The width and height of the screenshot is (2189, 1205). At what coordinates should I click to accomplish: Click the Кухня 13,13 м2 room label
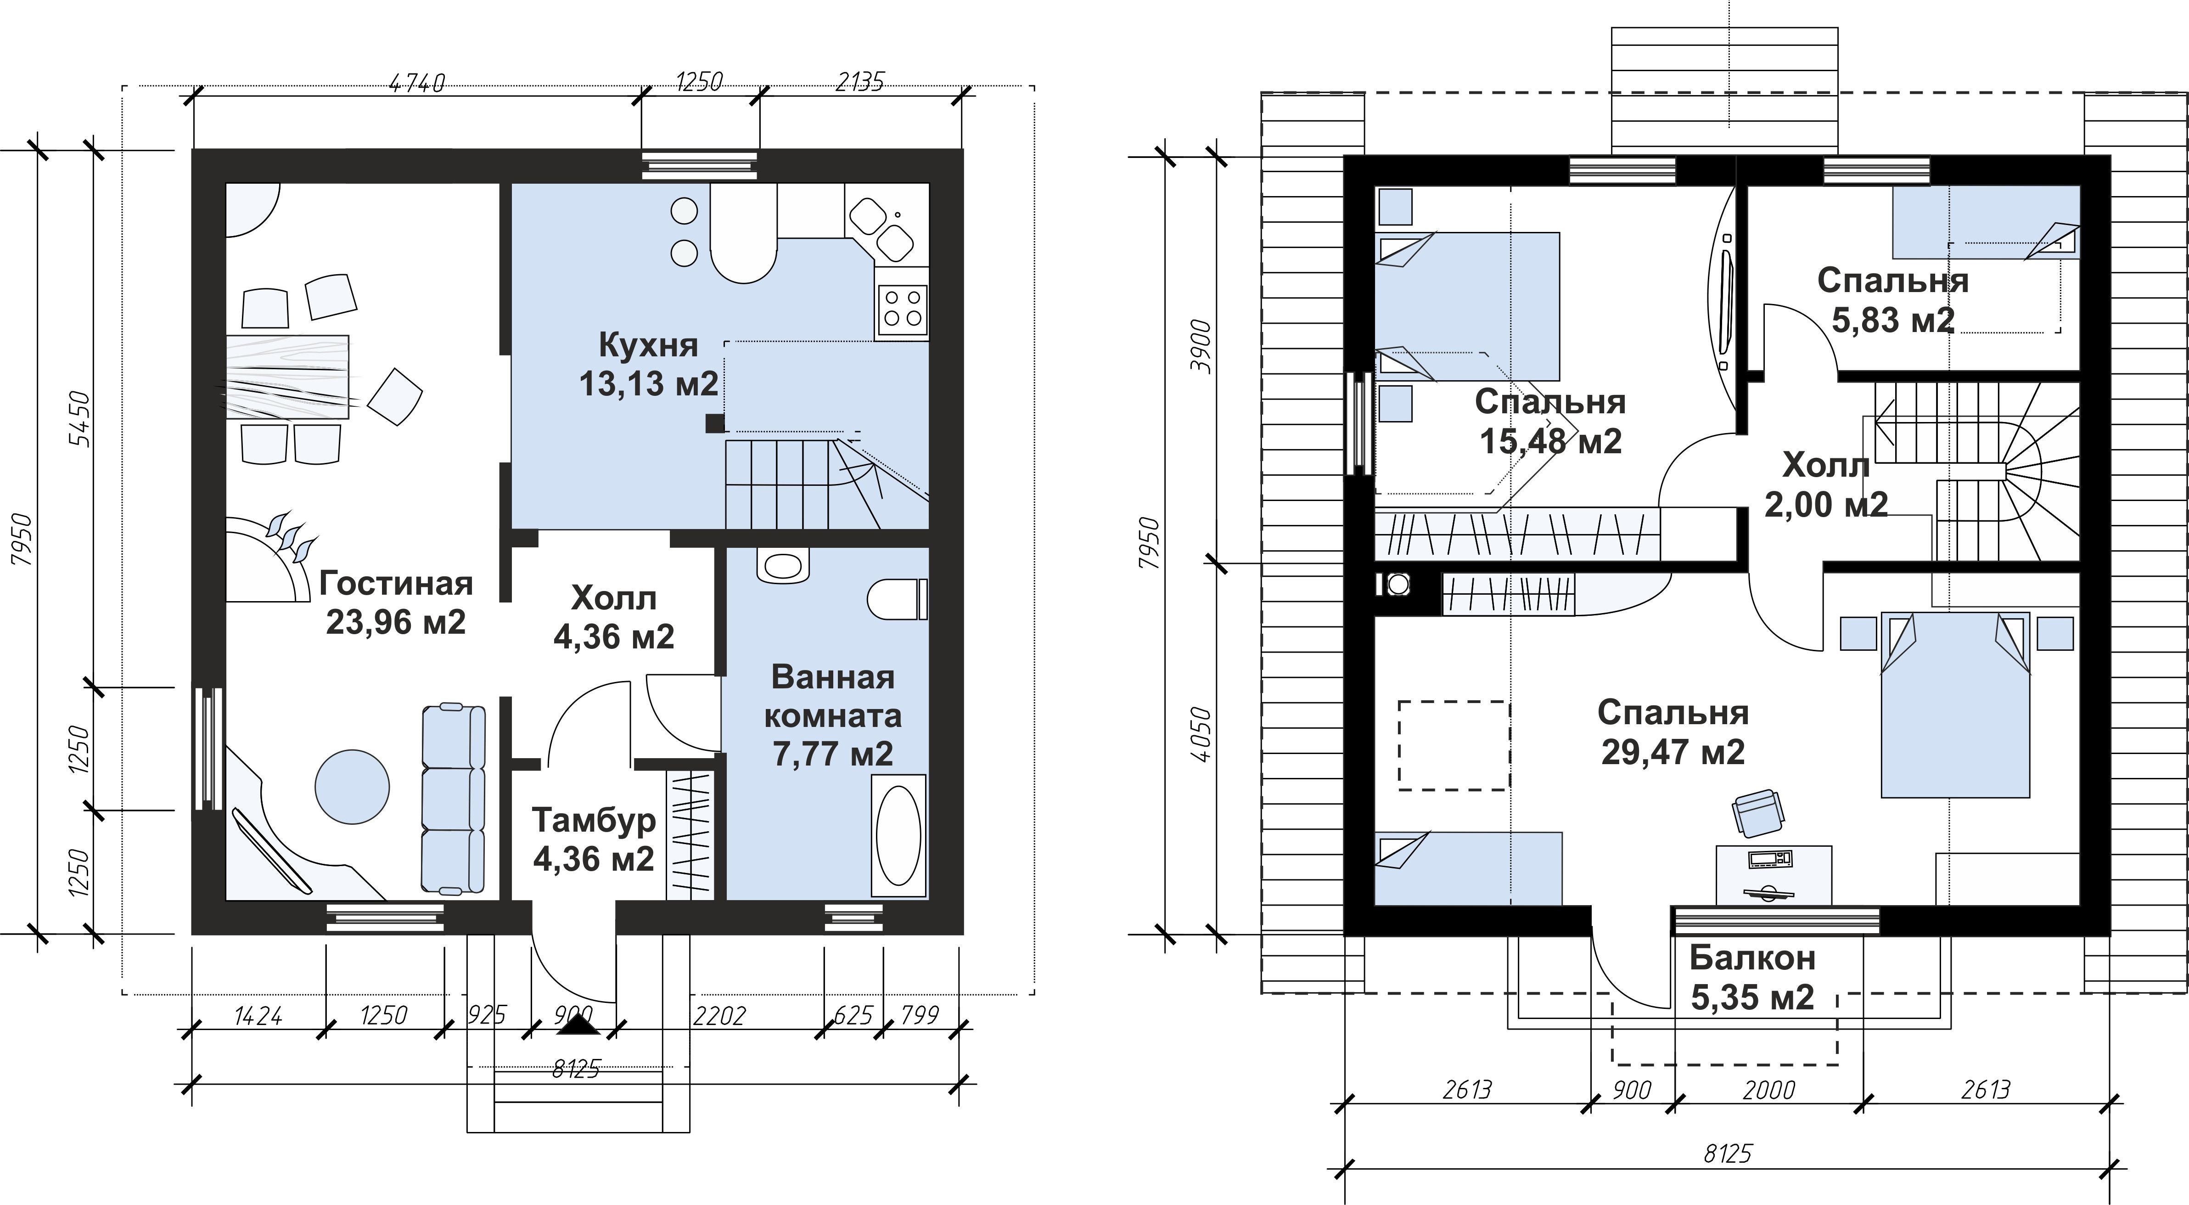(x=648, y=364)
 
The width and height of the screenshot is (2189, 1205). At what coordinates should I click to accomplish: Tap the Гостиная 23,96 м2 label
(x=396, y=602)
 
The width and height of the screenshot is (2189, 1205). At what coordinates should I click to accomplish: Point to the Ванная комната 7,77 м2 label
(x=833, y=715)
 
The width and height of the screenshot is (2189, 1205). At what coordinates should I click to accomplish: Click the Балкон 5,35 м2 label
(x=1752, y=977)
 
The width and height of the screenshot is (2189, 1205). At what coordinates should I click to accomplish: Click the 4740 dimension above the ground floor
(x=416, y=82)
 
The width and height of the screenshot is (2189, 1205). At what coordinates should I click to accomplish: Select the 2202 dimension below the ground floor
(x=719, y=1015)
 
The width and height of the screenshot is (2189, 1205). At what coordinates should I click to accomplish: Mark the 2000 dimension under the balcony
(x=1769, y=1090)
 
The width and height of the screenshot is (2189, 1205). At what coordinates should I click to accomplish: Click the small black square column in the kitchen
(x=715, y=423)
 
